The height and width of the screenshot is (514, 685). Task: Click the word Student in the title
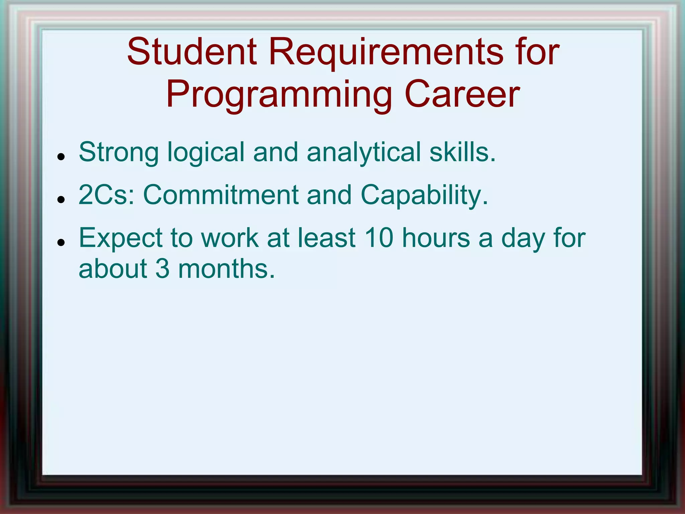(x=192, y=52)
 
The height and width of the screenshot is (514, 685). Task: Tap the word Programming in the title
(x=279, y=96)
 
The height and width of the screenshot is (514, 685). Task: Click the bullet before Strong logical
(x=61, y=156)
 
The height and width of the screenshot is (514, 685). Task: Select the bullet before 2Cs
(x=61, y=199)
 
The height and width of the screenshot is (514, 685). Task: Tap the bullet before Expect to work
(x=61, y=242)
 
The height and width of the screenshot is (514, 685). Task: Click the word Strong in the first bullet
(x=118, y=152)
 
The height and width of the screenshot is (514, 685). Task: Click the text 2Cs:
(x=106, y=195)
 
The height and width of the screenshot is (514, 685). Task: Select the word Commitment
(x=220, y=195)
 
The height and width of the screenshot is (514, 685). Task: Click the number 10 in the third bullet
(x=379, y=238)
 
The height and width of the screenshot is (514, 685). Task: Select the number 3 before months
(x=163, y=269)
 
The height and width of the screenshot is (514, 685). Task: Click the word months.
(x=226, y=269)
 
